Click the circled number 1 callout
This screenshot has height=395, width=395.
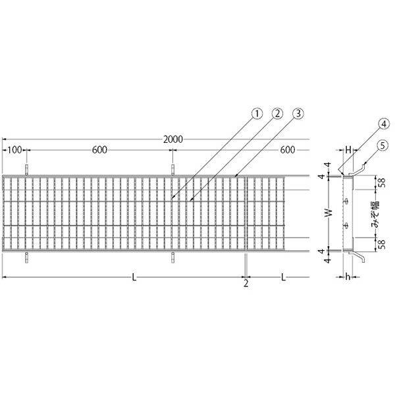[257, 114]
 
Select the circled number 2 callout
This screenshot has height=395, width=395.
[277, 114]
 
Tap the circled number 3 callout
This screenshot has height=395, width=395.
[298, 114]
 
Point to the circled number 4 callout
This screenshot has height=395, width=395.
[382, 124]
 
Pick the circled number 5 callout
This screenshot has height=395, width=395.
[382, 146]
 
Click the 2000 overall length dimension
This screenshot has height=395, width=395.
[172, 140]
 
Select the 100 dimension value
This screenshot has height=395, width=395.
[14, 150]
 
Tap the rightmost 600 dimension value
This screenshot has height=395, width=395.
[288, 150]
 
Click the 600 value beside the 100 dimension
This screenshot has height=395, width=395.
[99, 150]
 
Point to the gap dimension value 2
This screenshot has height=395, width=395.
[246, 284]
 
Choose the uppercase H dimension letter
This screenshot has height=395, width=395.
[348, 150]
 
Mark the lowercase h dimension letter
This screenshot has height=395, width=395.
[348, 277]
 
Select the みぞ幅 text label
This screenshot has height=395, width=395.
[376, 214]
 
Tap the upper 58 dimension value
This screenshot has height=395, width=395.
[382, 182]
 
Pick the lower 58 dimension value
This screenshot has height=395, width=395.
[382, 244]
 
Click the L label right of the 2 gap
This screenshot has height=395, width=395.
[284, 277]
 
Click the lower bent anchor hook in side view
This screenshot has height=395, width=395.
[357, 257]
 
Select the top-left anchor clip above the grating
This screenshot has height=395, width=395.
[26, 170]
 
